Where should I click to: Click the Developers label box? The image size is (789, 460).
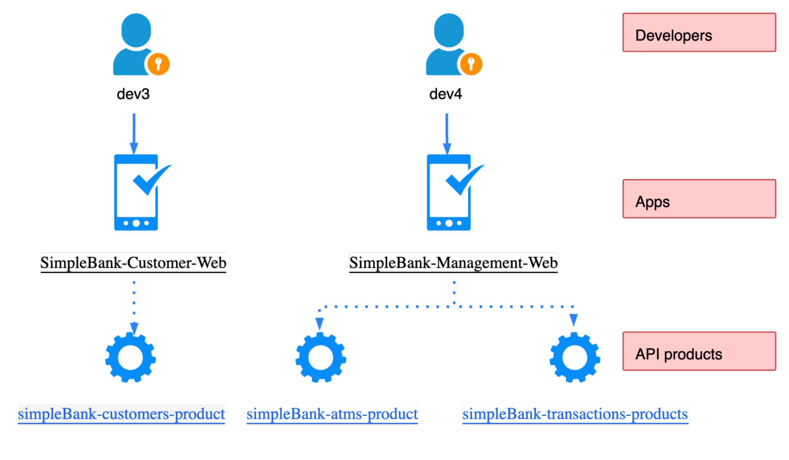[x=699, y=32]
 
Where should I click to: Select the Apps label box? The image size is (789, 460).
[x=699, y=199]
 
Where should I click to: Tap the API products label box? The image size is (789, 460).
[x=699, y=351]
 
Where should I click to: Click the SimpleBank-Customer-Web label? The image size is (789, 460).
[x=133, y=262]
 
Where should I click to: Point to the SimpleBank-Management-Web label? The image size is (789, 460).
[x=453, y=262]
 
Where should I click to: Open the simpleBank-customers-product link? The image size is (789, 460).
[x=122, y=414]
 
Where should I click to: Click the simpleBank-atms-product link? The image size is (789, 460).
[x=332, y=414]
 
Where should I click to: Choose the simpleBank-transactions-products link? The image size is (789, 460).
[x=575, y=414]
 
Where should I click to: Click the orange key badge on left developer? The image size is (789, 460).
[x=158, y=64]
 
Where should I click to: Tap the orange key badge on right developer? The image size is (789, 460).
[x=471, y=64]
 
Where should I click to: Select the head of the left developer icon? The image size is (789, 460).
[x=136, y=30]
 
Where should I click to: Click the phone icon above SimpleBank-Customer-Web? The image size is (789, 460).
[x=136, y=193]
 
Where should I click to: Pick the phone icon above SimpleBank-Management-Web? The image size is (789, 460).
[x=449, y=193]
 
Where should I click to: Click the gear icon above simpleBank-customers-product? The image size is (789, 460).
[x=130, y=357]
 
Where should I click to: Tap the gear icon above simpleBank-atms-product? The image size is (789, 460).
[x=321, y=357]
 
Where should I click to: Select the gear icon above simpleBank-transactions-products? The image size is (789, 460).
[x=575, y=357]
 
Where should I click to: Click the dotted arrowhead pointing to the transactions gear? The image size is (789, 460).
[x=574, y=320]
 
